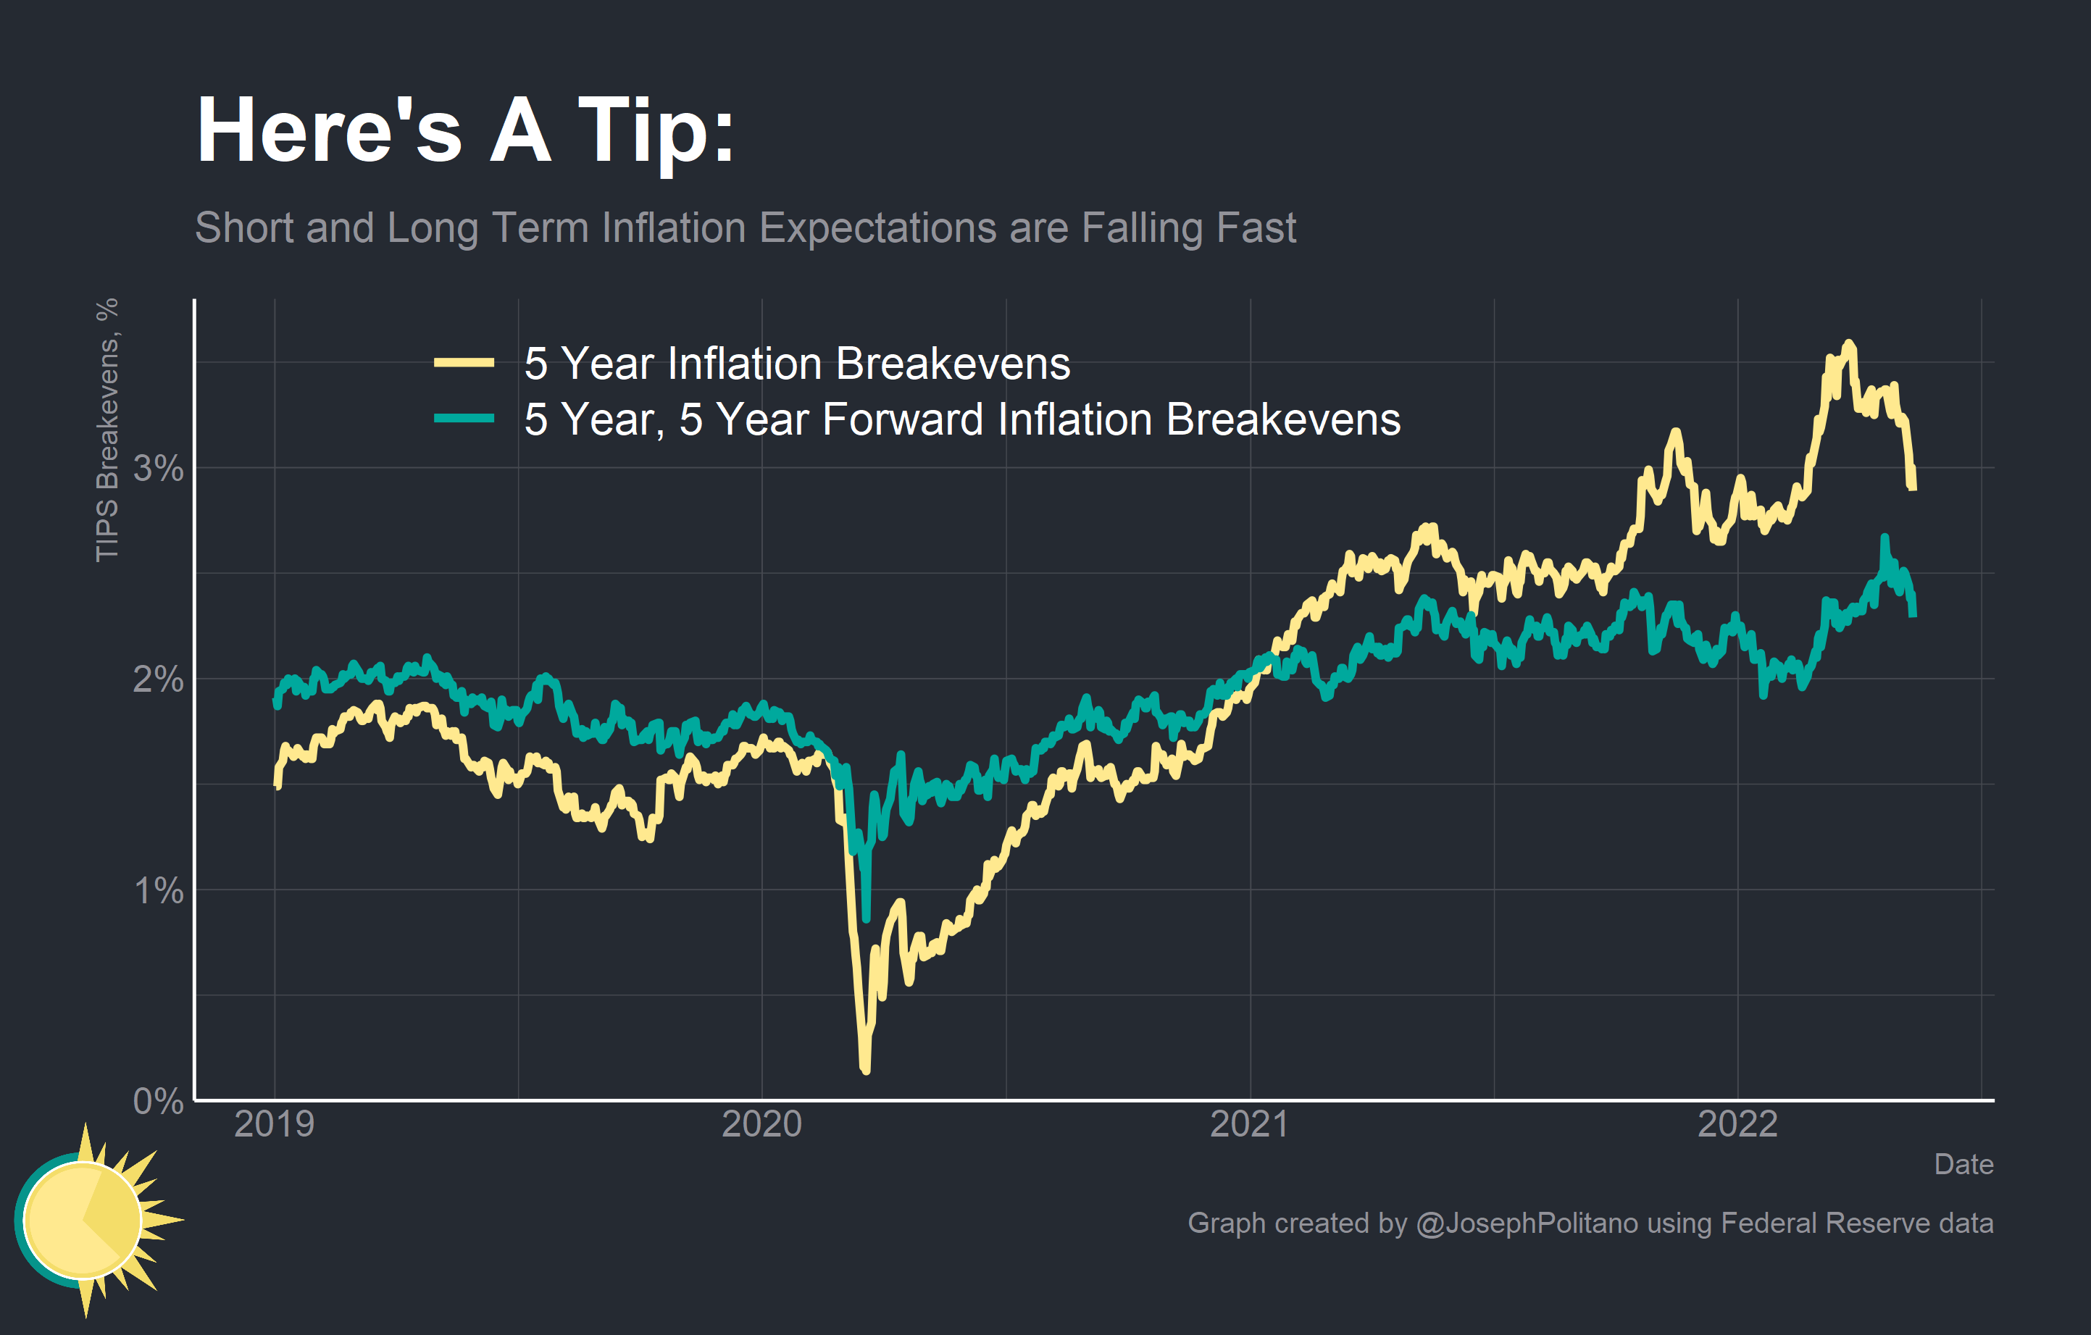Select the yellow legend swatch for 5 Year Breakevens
point(464,363)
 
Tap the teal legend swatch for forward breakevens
point(464,419)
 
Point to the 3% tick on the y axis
point(158,469)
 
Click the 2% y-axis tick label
point(158,679)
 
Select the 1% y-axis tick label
point(158,890)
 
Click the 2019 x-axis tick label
point(275,1124)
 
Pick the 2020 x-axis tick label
point(761,1124)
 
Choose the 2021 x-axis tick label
point(1250,1124)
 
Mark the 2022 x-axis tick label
point(1737,1124)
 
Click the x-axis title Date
point(1963,1164)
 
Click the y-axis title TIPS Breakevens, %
point(107,430)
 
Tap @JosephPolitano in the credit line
point(1527,1223)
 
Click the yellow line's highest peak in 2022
point(1850,344)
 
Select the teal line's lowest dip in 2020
point(866,918)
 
